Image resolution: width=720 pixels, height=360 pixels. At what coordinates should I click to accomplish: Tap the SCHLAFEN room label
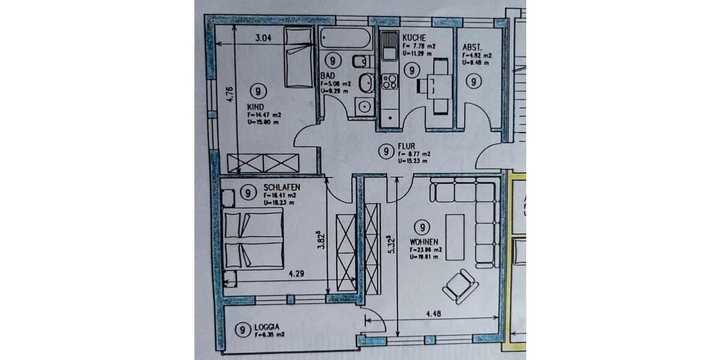[x=280, y=188]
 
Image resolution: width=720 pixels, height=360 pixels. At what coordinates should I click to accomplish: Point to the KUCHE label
[x=415, y=37]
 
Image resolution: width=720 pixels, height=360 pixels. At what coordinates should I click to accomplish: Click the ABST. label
[x=473, y=47]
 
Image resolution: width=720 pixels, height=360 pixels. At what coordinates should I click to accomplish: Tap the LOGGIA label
[x=268, y=327]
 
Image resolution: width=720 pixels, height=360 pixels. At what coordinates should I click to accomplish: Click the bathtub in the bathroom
[x=346, y=40]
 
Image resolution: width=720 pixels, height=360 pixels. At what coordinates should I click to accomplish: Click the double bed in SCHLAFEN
[x=253, y=239]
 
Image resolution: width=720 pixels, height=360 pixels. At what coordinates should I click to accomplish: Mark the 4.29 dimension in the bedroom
[x=295, y=274]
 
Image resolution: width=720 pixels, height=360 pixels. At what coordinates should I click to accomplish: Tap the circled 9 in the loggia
[x=243, y=329]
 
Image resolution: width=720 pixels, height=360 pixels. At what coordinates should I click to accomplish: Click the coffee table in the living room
[x=455, y=236]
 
